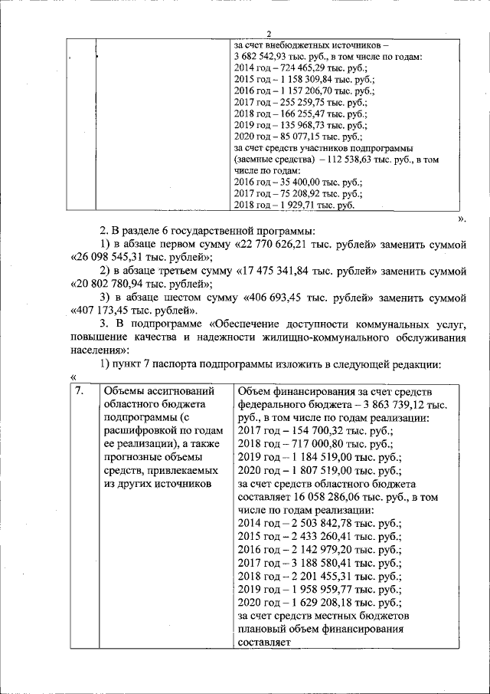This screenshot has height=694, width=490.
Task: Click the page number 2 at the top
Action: [269, 33]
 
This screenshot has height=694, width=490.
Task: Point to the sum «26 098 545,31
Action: [106, 258]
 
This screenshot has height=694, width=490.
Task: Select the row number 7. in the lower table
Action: [80, 391]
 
